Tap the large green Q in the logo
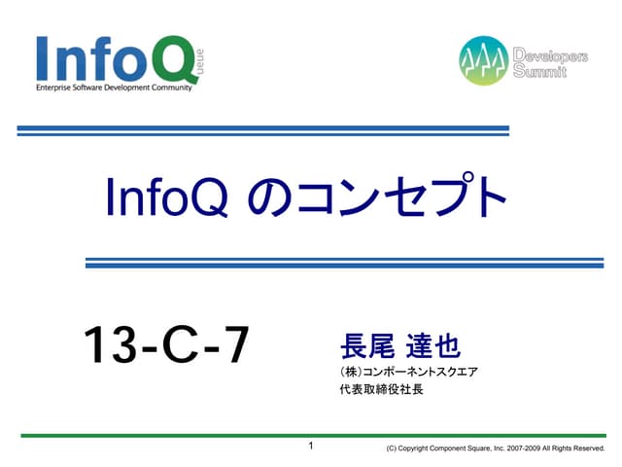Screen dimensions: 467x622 pyautogui.click(x=174, y=58)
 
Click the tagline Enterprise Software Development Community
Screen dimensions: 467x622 pyautogui.click(x=114, y=89)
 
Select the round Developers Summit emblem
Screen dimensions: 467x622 pyautogui.click(x=484, y=60)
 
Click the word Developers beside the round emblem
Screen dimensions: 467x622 pyautogui.click(x=550, y=56)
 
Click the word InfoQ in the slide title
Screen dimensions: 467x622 pyautogui.click(x=166, y=198)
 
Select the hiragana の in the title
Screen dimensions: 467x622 pyautogui.click(x=265, y=199)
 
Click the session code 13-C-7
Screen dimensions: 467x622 pyautogui.click(x=166, y=346)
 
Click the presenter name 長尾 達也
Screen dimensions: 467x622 pyautogui.click(x=399, y=345)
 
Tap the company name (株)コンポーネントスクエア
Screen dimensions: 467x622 pyautogui.click(x=409, y=372)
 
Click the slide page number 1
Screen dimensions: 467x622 pyautogui.click(x=311, y=447)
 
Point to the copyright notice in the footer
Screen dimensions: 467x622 pyautogui.click(x=495, y=449)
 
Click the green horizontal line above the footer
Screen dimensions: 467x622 pyautogui.click(x=311, y=435)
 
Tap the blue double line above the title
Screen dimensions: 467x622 pyautogui.click(x=262, y=130)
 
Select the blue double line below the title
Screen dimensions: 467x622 pyautogui.click(x=345, y=263)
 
